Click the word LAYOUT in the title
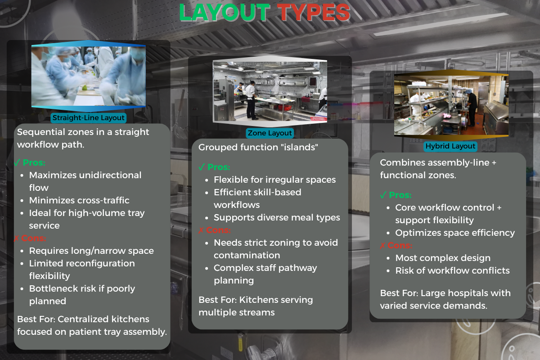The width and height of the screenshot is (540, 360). click(224, 13)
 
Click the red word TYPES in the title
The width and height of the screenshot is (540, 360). click(314, 13)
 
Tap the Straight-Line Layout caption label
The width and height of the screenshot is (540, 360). click(89, 118)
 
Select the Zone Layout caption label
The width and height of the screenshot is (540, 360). click(270, 133)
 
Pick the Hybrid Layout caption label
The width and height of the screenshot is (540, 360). click(450, 146)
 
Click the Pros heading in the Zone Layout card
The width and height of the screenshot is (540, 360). click(219, 167)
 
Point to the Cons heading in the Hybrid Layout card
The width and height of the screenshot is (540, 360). click(400, 245)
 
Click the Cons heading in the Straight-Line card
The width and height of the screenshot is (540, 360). click(34, 238)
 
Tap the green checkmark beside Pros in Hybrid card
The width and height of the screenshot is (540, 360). click(383, 195)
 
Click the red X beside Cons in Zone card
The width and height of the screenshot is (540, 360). click(201, 230)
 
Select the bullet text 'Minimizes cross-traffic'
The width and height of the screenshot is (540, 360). click(79, 200)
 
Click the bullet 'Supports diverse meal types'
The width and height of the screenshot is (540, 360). click(277, 217)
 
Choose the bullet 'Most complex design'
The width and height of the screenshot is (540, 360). click(443, 258)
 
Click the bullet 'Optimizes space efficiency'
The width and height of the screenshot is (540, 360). click(455, 233)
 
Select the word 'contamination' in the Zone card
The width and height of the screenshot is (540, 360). click(247, 255)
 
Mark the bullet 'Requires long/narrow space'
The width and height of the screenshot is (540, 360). click(91, 251)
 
